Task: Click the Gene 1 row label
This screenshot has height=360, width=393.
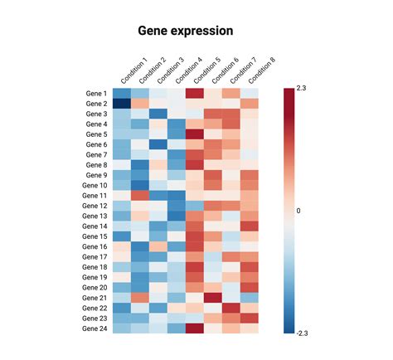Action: [95, 94]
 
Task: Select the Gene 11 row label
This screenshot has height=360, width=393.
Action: [94, 196]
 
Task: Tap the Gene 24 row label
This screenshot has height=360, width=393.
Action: [94, 328]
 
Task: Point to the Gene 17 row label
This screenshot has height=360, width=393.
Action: [94, 257]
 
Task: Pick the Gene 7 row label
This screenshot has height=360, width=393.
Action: [95, 155]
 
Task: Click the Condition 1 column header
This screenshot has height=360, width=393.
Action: [133, 71]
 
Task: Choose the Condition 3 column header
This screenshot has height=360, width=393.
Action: [169, 71]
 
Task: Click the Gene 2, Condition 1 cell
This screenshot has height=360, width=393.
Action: [122, 104]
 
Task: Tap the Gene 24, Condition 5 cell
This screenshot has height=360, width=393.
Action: [195, 328]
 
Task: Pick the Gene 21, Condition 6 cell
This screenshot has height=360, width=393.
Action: [213, 298]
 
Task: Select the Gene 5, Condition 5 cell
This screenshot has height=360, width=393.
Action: [195, 134]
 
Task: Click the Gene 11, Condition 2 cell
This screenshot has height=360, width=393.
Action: [140, 196]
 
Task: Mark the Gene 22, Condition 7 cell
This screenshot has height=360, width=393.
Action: [231, 308]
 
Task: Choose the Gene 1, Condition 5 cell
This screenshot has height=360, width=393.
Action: [195, 94]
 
